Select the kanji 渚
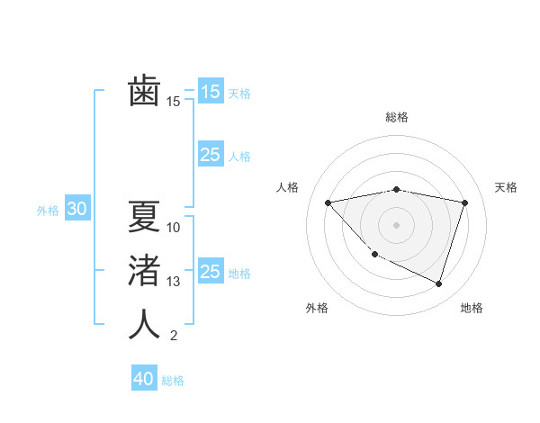[x=144, y=270]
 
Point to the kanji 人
[x=144, y=324]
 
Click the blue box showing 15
[x=210, y=91]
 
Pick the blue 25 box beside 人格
[x=210, y=155]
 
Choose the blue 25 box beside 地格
[x=210, y=272]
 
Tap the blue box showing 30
[x=76, y=210]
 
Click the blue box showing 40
[x=144, y=379]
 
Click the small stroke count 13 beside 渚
[x=174, y=282]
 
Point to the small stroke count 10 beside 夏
[x=174, y=227]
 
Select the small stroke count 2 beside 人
[x=174, y=337]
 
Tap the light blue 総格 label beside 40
[x=173, y=381]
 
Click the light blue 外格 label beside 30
[x=48, y=211]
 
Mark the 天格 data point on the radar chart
[x=464, y=202]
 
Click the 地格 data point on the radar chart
[x=438, y=283]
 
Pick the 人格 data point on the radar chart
[x=328, y=202]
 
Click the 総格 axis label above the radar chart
[x=397, y=117]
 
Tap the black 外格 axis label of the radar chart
[x=316, y=308]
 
